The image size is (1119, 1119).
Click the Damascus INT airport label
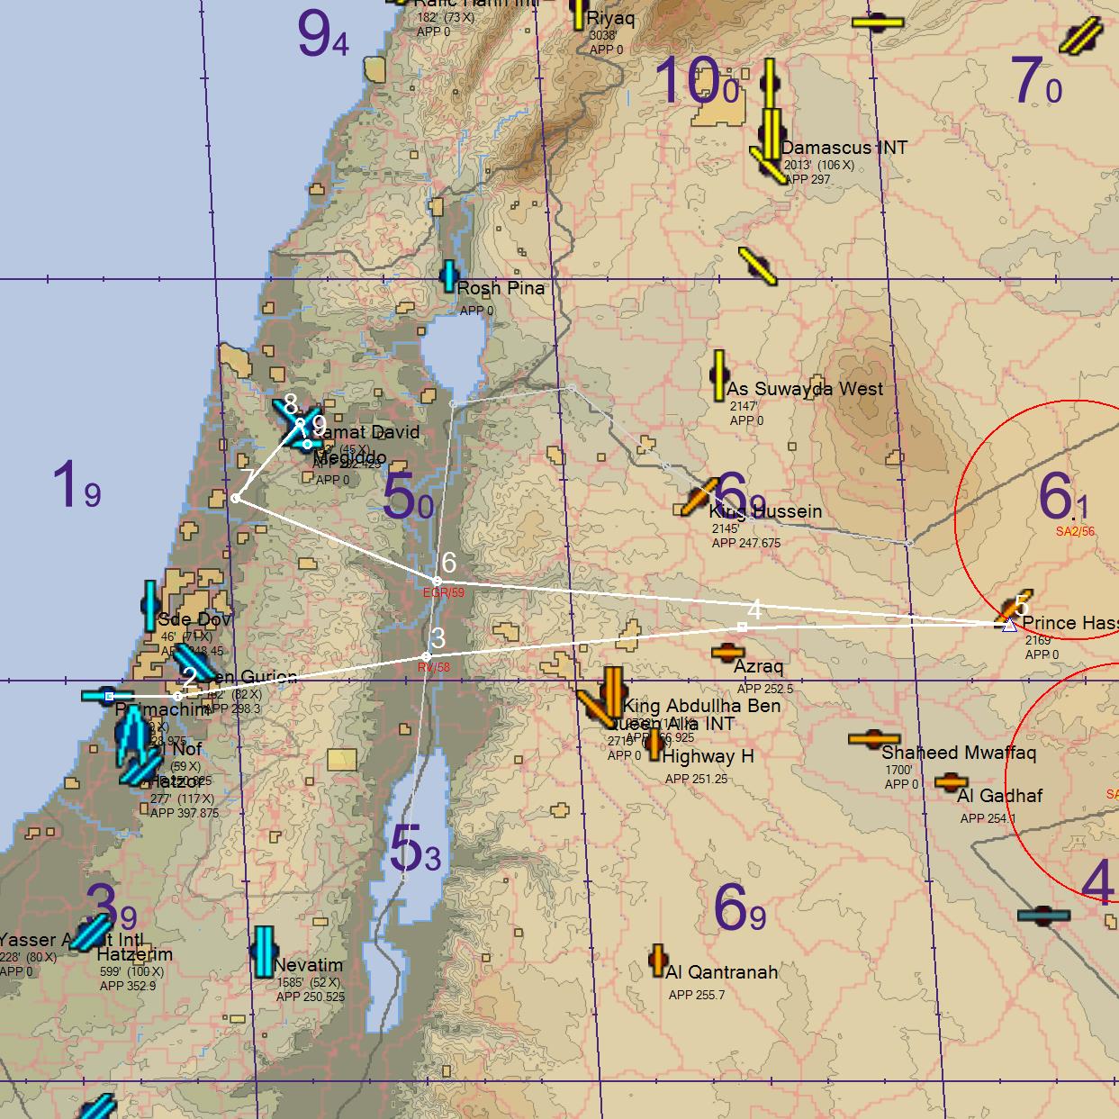click(x=844, y=148)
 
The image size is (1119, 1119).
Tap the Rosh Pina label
click(x=501, y=288)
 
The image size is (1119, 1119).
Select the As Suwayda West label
click(x=805, y=389)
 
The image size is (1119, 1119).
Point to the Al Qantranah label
click(x=721, y=972)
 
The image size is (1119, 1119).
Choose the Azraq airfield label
click(x=758, y=666)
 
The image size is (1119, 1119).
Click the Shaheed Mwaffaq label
click(x=958, y=753)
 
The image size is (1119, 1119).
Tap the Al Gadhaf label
click(x=999, y=796)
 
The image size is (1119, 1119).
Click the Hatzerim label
click(x=134, y=954)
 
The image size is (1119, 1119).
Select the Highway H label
click(x=708, y=757)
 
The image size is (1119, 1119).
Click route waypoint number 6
click(x=437, y=581)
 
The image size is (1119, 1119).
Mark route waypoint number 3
click(x=426, y=655)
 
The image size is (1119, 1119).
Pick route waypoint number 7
click(x=235, y=498)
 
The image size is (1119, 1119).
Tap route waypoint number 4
click(x=742, y=626)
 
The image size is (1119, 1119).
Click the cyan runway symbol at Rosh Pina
click(x=448, y=276)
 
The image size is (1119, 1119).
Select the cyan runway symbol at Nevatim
click(x=264, y=952)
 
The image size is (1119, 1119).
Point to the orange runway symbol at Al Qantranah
click(x=658, y=961)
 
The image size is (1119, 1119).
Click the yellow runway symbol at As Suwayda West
click(x=718, y=375)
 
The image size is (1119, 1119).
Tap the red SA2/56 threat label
click(x=1075, y=531)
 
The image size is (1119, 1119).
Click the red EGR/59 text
click(x=444, y=593)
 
